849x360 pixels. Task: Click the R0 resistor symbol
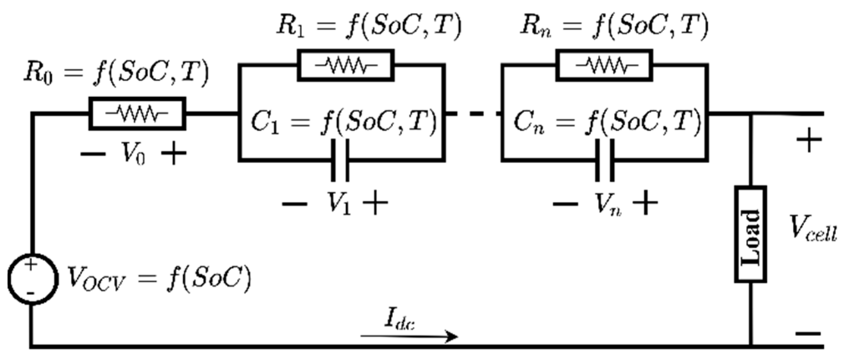(137, 113)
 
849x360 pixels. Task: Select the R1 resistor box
(346, 65)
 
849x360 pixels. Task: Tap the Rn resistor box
(604, 65)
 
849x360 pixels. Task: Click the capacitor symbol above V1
(340, 160)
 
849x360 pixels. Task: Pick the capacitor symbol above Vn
(604, 160)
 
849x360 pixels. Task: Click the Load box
(750, 234)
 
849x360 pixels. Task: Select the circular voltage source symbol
(31, 279)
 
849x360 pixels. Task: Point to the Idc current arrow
(409, 336)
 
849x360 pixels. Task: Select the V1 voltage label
(339, 204)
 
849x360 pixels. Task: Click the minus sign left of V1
(294, 204)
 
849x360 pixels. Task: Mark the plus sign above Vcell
(809, 140)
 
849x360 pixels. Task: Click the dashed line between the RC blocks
(473, 113)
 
